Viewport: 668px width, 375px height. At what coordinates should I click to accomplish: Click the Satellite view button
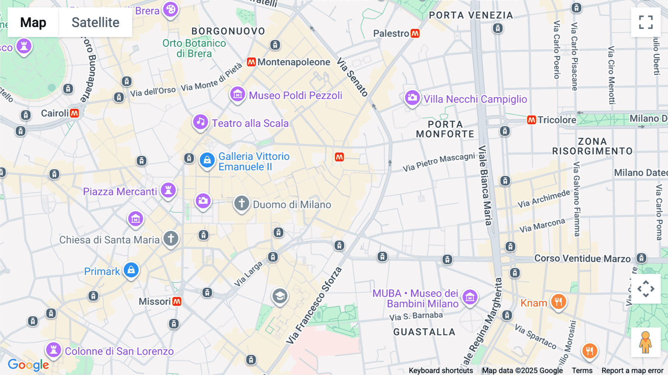[95, 22]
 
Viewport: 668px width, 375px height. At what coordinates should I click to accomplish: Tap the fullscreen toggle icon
[646, 22]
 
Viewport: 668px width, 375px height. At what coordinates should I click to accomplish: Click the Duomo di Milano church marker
[242, 203]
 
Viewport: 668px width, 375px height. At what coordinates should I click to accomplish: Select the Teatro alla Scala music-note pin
[200, 122]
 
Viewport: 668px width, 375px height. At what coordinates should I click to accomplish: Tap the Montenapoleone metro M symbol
[251, 62]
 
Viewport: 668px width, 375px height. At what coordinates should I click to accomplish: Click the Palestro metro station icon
[415, 33]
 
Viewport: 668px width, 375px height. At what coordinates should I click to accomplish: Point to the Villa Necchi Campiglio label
[475, 99]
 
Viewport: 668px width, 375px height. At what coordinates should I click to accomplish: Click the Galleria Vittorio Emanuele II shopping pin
[207, 160]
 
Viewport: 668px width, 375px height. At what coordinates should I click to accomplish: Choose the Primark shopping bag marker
[131, 270]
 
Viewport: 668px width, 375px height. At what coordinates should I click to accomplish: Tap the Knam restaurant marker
[558, 301]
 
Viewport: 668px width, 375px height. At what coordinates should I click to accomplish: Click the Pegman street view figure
[645, 342]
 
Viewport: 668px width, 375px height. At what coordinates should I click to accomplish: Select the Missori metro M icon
[177, 301]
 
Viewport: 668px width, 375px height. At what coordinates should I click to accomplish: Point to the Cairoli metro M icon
[75, 113]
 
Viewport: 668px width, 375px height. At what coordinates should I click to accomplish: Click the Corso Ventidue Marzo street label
[582, 258]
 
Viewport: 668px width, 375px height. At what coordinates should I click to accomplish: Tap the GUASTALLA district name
[424, 332]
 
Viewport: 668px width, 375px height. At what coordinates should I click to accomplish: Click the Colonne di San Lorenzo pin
[54, 350]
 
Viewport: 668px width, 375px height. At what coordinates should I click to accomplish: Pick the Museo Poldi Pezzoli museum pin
[238, 94]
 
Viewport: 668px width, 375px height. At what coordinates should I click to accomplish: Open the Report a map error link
[632, 371]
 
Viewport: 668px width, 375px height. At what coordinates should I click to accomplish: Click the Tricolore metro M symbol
[531, 120]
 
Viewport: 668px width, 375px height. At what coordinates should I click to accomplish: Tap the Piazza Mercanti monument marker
[168, 190]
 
